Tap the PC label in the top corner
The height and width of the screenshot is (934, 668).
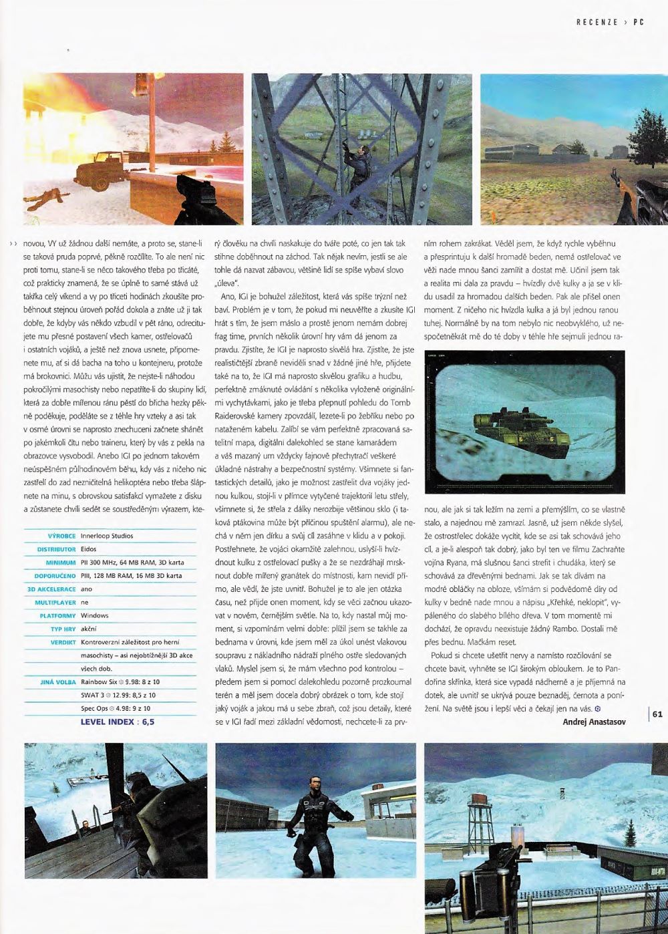[638, 22]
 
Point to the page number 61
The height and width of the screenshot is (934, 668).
[657, 714]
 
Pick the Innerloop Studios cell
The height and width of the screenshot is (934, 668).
[107, 536]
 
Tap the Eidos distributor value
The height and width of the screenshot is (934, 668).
[89, 549]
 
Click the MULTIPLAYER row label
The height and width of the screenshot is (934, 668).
[56, 602]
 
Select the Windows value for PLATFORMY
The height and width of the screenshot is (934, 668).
[94, 615]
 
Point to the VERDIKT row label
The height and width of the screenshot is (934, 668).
[63, 641]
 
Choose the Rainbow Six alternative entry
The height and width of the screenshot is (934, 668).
[120, 681]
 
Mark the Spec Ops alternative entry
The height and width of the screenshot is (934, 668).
[116, 708]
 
